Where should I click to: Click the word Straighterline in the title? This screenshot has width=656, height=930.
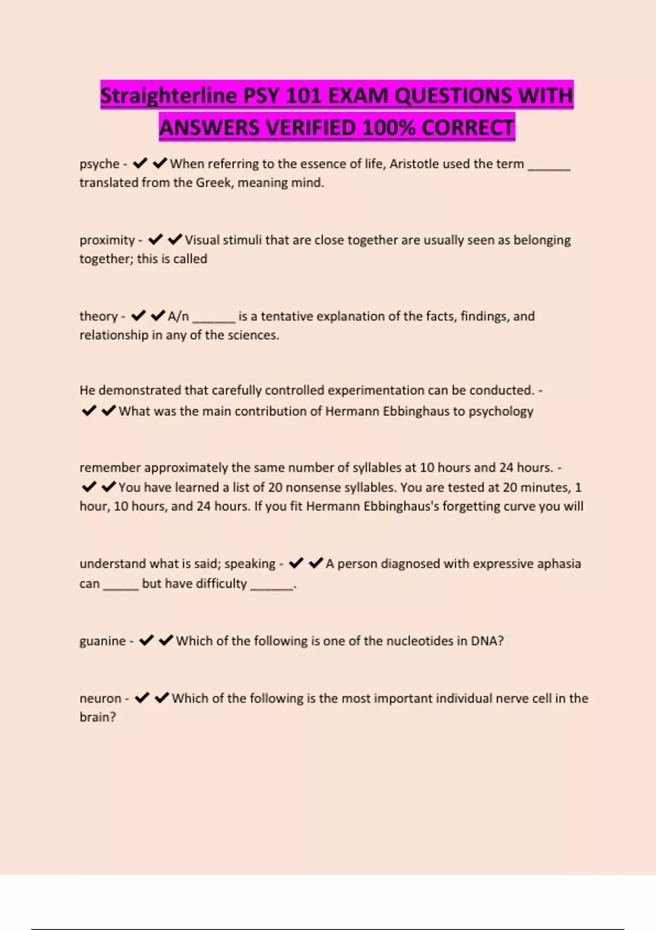168,96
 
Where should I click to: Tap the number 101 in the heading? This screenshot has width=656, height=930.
304,96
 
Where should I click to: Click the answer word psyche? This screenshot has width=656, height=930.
99,164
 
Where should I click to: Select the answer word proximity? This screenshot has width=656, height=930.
107,240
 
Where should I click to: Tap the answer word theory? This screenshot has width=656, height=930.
98,316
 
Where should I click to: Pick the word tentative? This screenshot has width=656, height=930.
286,316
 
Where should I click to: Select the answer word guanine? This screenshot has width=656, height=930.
102,641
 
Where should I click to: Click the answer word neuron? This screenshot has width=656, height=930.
100,699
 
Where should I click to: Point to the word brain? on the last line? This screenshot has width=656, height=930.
97,717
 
